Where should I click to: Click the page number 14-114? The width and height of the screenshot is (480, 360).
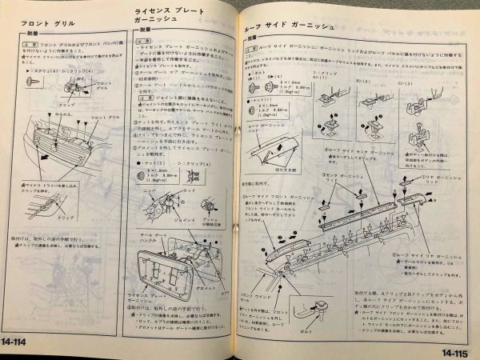pos(22,344)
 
